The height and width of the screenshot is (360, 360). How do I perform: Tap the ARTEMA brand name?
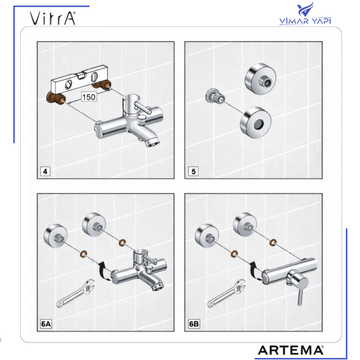click(x=290, y=350)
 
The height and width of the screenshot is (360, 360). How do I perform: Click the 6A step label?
click(x=46, y=325)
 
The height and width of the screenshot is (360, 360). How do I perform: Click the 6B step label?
click(x=194, y=325)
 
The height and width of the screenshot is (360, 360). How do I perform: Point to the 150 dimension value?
click(x=89, y=97)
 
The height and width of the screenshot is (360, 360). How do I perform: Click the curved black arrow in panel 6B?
click(x=255, y=270)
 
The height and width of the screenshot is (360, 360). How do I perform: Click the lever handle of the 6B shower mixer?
click(x=297, y=291)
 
